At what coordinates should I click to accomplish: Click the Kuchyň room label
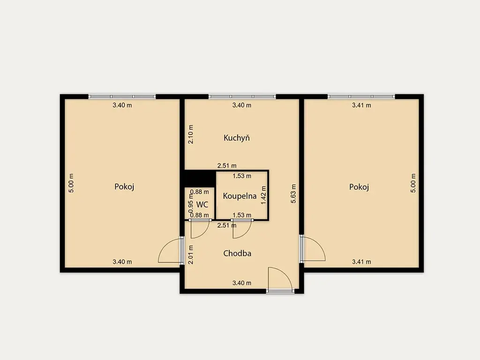pos(237,138)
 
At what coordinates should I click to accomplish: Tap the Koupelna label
pos(240,196)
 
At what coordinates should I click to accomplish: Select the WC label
pos(202,204)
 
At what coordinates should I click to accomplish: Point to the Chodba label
pos(237,254)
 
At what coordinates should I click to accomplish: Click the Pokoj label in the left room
pos(124,187)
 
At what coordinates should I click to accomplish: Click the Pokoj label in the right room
pos(359,187)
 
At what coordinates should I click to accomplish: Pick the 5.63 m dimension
pos(293,194)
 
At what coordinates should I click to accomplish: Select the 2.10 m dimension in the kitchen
pos(191,135)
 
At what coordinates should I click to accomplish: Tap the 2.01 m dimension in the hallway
pos(191,255)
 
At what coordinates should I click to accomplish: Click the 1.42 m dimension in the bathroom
pos(263,195)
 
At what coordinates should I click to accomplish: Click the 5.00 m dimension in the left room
pos(71,183)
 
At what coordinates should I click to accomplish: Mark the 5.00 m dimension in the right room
pos(413,183)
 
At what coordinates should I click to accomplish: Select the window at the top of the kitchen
pos(242,97)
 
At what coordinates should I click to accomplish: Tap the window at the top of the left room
pos(122,97)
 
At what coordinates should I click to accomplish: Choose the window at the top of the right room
pos(361,97)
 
